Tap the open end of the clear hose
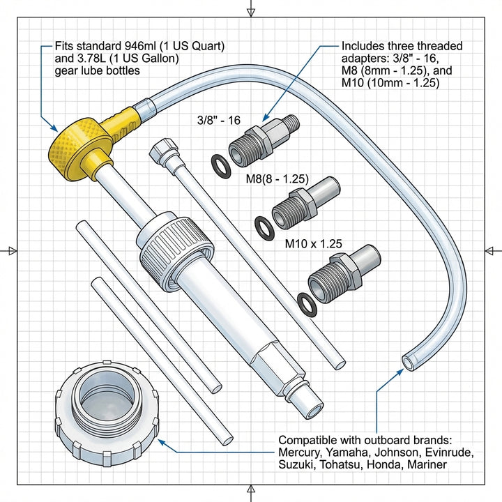406,361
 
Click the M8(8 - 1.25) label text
277,179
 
